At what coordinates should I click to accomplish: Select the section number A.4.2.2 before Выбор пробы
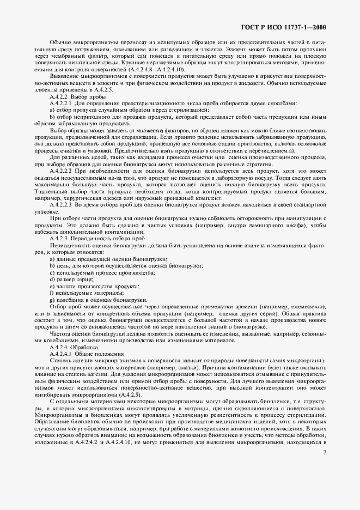point(58,96)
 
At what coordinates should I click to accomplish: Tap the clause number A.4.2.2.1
point(62,103)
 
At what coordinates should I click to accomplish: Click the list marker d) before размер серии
point(52,279)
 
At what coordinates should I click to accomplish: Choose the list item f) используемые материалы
point(82,293)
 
